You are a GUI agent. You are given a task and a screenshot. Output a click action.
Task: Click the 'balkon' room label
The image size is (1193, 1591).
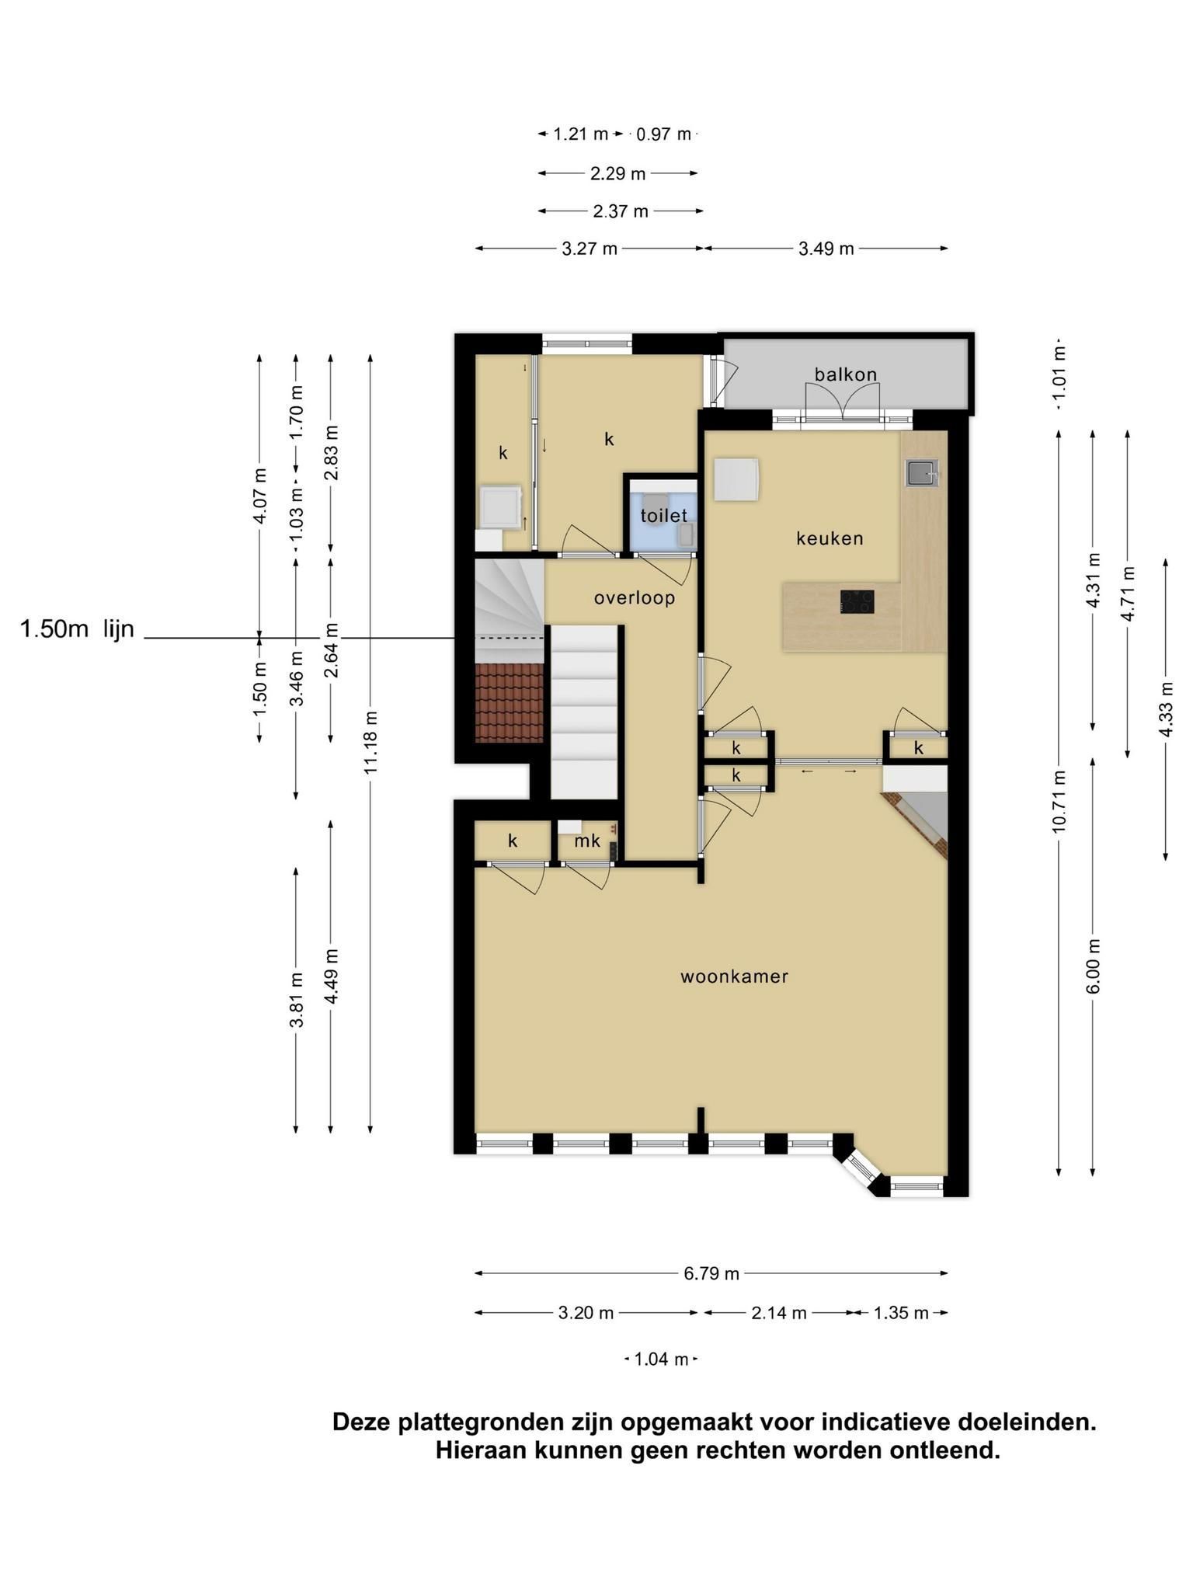tap(846, 374)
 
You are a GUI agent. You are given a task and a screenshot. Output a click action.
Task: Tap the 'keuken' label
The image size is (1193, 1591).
tap(830, 538)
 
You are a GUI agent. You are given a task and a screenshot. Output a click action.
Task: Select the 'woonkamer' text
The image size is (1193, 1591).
tap(735, 977)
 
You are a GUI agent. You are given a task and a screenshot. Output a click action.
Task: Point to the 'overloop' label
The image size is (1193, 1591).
tap(635, 598)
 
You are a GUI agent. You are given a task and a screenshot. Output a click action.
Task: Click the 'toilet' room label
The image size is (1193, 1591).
tap(664, 515)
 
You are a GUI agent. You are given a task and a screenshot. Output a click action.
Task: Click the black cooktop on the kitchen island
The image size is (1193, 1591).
tap(857, 601)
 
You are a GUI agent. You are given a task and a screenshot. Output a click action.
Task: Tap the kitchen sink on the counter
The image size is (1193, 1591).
tap(922, 473)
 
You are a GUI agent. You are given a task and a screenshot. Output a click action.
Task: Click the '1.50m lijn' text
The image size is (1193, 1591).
tap(77, 629)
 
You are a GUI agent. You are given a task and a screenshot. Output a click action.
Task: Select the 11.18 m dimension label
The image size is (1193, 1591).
tap(370, 741)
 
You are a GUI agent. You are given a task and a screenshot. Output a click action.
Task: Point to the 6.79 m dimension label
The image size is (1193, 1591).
tap(711, 1273)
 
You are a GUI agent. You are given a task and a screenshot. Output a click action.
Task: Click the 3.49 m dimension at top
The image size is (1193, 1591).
tap(826, 249)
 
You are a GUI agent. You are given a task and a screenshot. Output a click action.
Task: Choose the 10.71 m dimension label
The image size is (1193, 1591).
tap(1059, 802)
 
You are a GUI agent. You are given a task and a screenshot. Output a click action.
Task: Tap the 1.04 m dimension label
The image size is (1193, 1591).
tap(661, 1359)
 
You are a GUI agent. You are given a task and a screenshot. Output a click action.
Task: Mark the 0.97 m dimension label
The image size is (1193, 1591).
tap(663, 134)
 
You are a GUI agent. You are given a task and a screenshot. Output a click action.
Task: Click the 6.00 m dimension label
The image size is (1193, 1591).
tap(1094, 966)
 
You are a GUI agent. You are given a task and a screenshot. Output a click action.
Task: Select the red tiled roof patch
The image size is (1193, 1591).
tap(509, 703)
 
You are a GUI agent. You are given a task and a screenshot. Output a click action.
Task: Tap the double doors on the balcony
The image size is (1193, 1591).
tap(843, 403)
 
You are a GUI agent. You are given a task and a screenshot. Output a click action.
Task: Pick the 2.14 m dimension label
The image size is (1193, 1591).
tap(778, 1313)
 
